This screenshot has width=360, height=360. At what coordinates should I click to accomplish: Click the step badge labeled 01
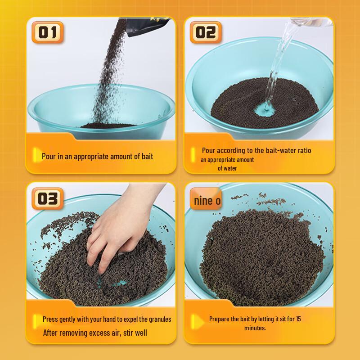(x=47, y=33)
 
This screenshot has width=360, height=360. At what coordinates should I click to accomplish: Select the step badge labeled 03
(x=47, y=198)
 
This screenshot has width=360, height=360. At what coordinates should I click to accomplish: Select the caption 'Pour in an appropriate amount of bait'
(x=97, y=157)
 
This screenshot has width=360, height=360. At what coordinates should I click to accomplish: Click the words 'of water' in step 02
(x=227, y=168)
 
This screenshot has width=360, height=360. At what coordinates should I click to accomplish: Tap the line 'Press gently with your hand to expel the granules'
(x=107, y=319)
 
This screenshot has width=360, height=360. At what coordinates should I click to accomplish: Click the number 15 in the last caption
(x=298, y=319)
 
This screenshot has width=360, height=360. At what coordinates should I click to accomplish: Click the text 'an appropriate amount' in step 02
(x=227, y=160)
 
